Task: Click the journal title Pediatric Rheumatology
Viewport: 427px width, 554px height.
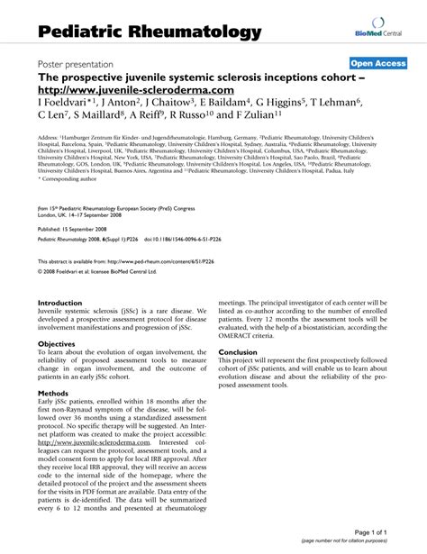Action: point(150,32)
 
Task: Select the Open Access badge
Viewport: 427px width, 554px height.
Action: point(377,63)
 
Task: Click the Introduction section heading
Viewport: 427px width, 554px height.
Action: point(59,304)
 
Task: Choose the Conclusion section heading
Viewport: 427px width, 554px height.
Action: point(238,352)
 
